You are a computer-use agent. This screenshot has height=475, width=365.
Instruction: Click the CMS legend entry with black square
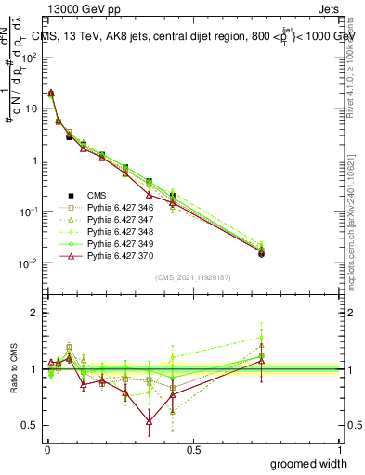point(98,195)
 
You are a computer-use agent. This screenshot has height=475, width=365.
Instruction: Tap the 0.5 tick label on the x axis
point(194,449)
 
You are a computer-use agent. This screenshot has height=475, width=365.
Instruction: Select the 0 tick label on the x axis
point(47,449)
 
